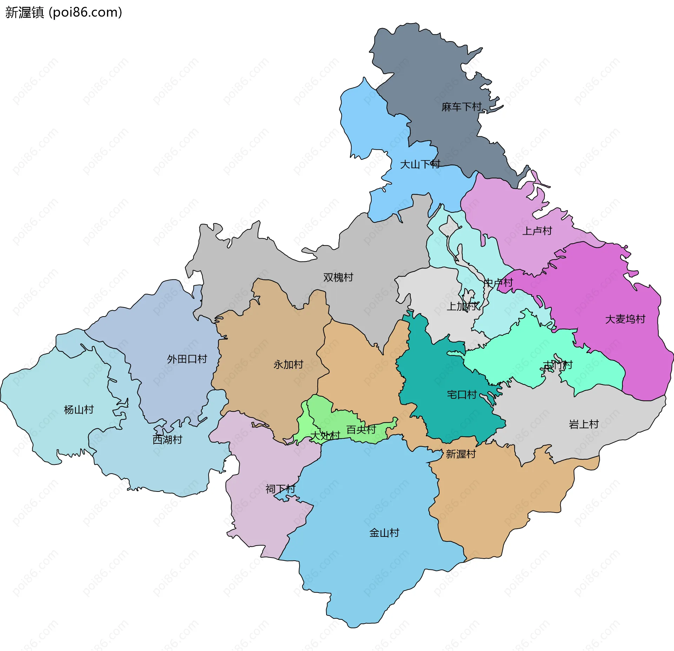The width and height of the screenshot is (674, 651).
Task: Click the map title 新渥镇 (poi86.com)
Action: (x=64, y=13)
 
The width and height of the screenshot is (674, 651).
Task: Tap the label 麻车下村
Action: (x=461, y=107)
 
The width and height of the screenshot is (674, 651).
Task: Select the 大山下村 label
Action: (x=420, y=164)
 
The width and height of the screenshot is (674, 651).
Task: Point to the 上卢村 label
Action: (x=537, y=231)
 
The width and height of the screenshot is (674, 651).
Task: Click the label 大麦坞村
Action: (x=625, y=319)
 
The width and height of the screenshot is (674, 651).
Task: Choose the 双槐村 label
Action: (x=338, y=277)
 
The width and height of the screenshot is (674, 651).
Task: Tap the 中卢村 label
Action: (x=498, y=282)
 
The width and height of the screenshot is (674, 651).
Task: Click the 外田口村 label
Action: (x=187, y=359)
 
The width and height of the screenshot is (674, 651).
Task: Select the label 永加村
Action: (x=288, y=364)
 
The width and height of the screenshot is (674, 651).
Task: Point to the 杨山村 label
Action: (x=79, y=410)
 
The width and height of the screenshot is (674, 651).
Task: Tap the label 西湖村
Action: (x=167, y=440)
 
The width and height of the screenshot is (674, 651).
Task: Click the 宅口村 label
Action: (x=462, y=395)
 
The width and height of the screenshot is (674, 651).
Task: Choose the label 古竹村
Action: (x=557, y=365)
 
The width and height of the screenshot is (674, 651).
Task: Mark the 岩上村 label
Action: (x=583, y=424)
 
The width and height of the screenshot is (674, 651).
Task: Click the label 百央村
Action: (x=361, y=430)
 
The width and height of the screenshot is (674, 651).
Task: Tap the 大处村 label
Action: (x=325, y=436)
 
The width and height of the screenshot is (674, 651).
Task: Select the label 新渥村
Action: (x=461, y=454)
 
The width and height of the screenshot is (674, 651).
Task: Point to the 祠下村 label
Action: (x=280, y=489)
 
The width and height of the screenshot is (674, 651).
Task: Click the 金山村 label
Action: (x=384, y=533)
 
